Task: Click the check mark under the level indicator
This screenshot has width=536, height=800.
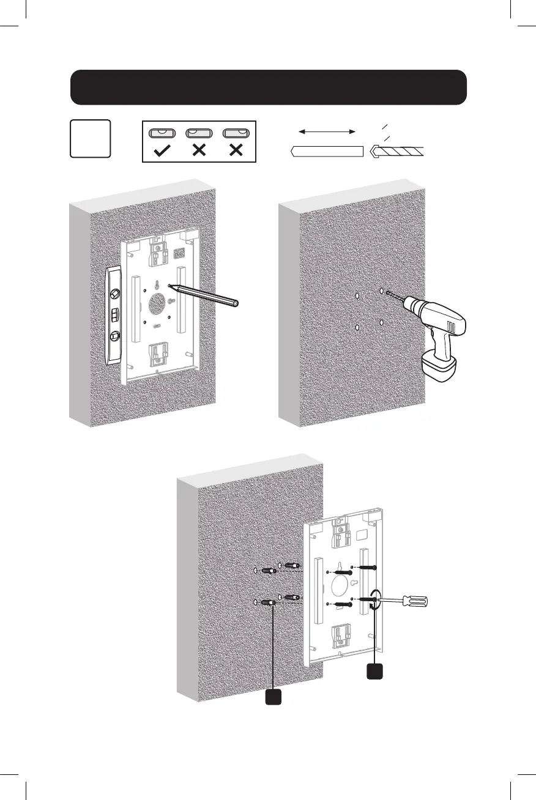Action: click(162, 150)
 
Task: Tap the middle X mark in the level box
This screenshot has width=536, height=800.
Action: click(198, 150)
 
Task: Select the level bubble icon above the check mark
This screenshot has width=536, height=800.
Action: click(162, 133)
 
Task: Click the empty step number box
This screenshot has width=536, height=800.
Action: click(90, 138)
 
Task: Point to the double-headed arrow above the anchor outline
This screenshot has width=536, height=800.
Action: click(327, 131)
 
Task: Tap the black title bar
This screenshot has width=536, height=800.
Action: click(269, 87)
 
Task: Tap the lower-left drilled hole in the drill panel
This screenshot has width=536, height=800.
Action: click(357, 328)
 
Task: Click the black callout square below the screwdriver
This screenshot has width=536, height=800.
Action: click(374, 671)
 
